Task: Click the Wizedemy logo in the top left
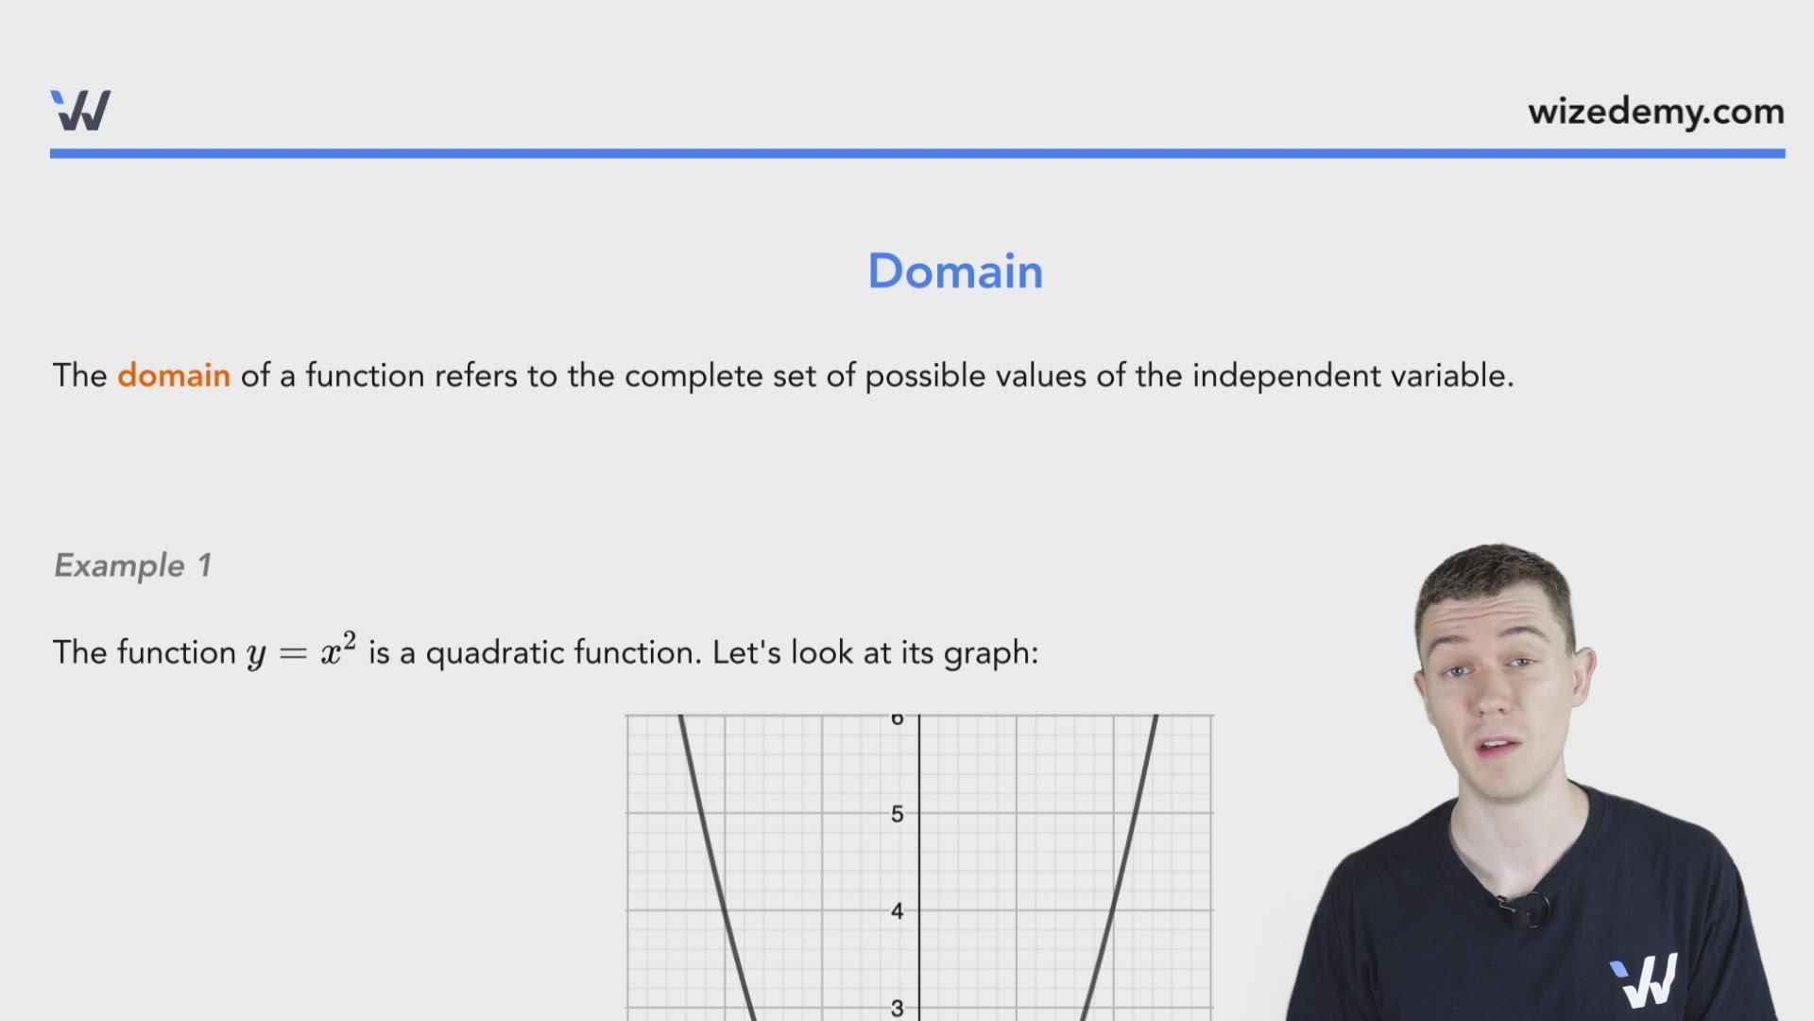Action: tap(80, 111)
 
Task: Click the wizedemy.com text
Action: tap(1655, 112)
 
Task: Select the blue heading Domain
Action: tap(955, 271)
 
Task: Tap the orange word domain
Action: tap(174, 375)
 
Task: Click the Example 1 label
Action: tap(132, 565)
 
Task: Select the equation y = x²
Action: tap(301, 651)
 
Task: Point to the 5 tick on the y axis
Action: tap(898, 814)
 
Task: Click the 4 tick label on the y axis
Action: tap(898, 911)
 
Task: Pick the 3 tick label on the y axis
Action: tap(898, 1008)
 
